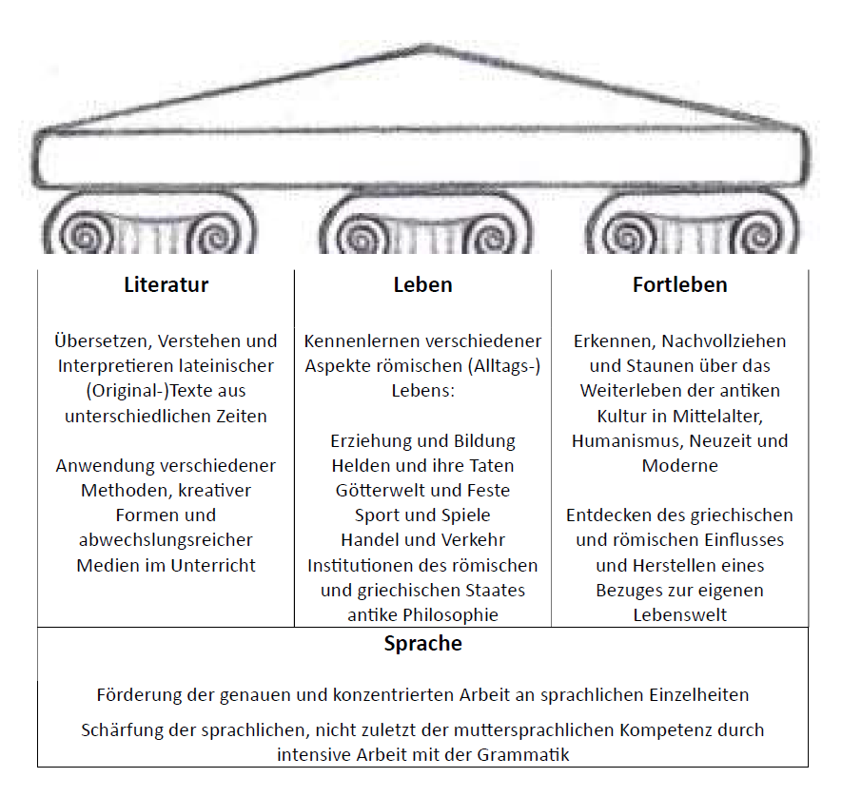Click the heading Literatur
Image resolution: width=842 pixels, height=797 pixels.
point(166,285)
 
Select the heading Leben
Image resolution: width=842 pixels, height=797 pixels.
point(422,285)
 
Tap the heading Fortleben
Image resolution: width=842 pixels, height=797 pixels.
point(679,285)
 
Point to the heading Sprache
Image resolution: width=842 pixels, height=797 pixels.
point(422,644)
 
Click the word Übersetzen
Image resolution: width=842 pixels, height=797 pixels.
point(101,341)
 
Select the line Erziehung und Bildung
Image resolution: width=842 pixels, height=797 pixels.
point(422,441)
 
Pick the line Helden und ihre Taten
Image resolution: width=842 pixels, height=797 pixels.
point(422,466)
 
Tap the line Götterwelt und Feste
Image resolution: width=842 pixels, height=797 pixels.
point(422,491)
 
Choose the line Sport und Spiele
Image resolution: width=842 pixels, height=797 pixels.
point(422,515)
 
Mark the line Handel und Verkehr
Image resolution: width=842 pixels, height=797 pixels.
point(422,540)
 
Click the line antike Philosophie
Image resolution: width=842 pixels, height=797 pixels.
point(422,615)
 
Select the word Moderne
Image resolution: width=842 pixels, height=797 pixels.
point(679,466)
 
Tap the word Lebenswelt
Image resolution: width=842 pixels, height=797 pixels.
point(679,615)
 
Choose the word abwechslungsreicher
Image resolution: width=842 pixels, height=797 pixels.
point(166,540)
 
